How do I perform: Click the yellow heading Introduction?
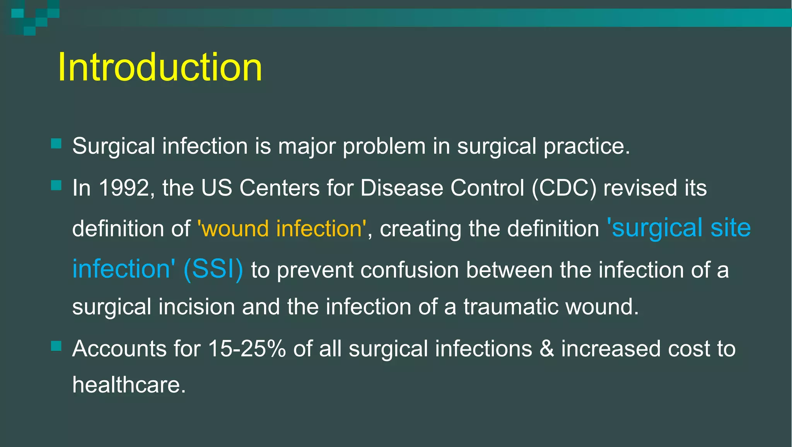(x=160, y=67)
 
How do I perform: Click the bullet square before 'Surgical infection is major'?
(x=56, y=144)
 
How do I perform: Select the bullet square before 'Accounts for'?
(x=56, y=346)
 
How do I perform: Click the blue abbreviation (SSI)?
(x=213, y=269)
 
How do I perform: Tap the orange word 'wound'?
(x=235, y=229)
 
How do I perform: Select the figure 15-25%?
(x=247, y=349)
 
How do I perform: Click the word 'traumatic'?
(x=511, y=307)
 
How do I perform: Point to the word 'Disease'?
(x=402, y=188)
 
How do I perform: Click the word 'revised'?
(x=640, y=188)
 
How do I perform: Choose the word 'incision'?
(x=196, y=307)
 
